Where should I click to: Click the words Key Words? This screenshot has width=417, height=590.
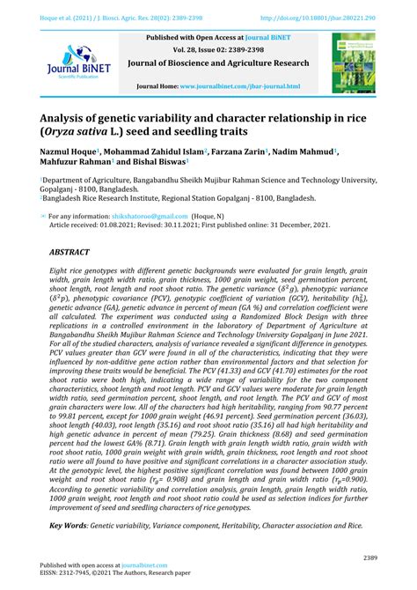tap(73, 526)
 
